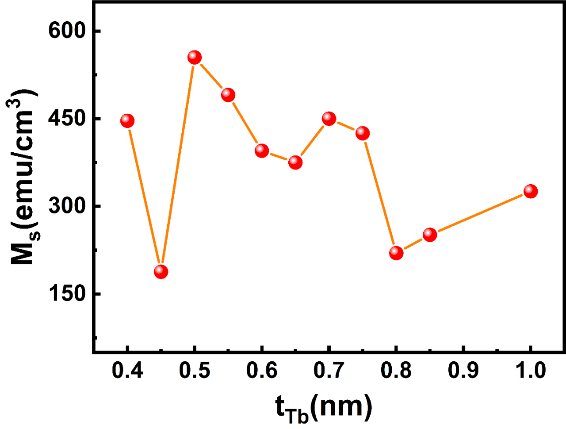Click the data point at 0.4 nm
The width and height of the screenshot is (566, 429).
127,120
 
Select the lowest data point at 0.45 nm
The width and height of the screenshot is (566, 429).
161,271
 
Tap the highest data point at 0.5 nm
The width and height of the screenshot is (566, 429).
195,57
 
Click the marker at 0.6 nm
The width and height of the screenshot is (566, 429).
262,151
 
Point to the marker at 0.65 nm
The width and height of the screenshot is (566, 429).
295,162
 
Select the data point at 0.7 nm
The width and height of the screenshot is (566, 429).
329,118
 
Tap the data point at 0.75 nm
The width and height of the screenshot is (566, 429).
363,133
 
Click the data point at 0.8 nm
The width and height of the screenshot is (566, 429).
396,253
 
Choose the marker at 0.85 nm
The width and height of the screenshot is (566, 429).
430,234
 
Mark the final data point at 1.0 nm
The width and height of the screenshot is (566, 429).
531,191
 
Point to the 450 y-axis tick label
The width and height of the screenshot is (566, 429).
67,119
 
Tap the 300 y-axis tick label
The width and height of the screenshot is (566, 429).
67,206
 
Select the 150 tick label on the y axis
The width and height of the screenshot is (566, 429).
67,294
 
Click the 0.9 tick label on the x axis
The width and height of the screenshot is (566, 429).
463,370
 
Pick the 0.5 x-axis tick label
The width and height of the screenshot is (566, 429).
195,370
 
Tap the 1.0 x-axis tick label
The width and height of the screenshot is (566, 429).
531,370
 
